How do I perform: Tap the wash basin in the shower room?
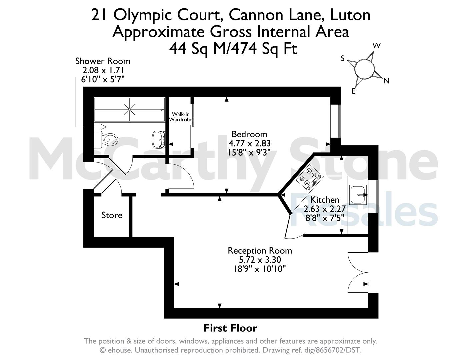(x=158, y=140)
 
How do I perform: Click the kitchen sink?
(x=358, y=195)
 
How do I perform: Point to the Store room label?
(x=112, y=215)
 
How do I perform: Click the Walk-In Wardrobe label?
(x=181, y=117)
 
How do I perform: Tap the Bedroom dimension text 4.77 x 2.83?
(x=249, y=143)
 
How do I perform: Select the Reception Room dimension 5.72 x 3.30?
(x=260, y=260)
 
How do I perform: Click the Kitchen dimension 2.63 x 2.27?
(x=325, y=209)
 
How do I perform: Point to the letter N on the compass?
(x=386, y=81)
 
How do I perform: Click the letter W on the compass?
(x=377, y=45)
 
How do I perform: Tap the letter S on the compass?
(x=343, y=58)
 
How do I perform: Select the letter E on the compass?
(x=354, y=91)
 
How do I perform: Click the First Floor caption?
(x=230, y=328)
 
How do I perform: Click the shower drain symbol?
(x=130, y=110)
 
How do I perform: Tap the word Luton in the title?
(x=350, y=15)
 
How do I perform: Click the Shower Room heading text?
(x=103, y=61)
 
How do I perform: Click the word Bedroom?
(x=249, y=134)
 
